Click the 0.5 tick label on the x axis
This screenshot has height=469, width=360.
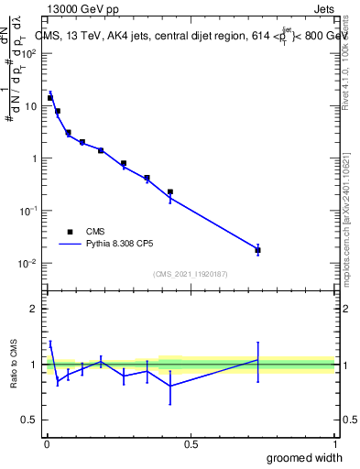coord(191,444)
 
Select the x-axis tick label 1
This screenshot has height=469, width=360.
coord(334,444)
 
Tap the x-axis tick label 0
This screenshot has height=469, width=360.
coord(47,444)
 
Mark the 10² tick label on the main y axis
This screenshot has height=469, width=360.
coord(30,53)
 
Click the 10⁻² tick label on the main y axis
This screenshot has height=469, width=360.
coord(30,264)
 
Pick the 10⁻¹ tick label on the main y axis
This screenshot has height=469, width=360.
coord(30,211)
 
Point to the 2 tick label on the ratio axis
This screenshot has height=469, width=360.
coord(35,309)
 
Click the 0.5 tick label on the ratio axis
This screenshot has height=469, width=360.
coord(31,420)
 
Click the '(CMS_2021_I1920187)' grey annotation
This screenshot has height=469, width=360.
coord(190,274)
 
